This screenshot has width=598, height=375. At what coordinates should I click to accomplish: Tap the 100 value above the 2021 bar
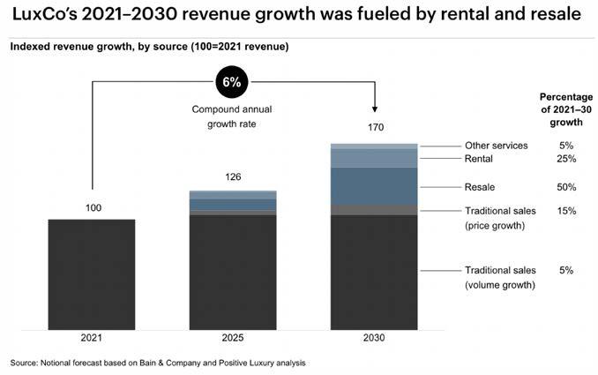[x=92, y=207]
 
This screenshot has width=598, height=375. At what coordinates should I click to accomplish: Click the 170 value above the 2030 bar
[x=374, y=128]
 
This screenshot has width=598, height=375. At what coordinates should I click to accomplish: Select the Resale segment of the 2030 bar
[x=374, y=186]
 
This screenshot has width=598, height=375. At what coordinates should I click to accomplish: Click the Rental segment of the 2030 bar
[x=374, y=158]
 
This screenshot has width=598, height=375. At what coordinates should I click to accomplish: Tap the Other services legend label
[x=496, y=146]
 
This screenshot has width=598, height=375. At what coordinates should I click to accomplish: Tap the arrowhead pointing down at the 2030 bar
[x=374, y=109]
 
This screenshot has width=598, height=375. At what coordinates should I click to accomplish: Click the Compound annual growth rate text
[x=228, y=117]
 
